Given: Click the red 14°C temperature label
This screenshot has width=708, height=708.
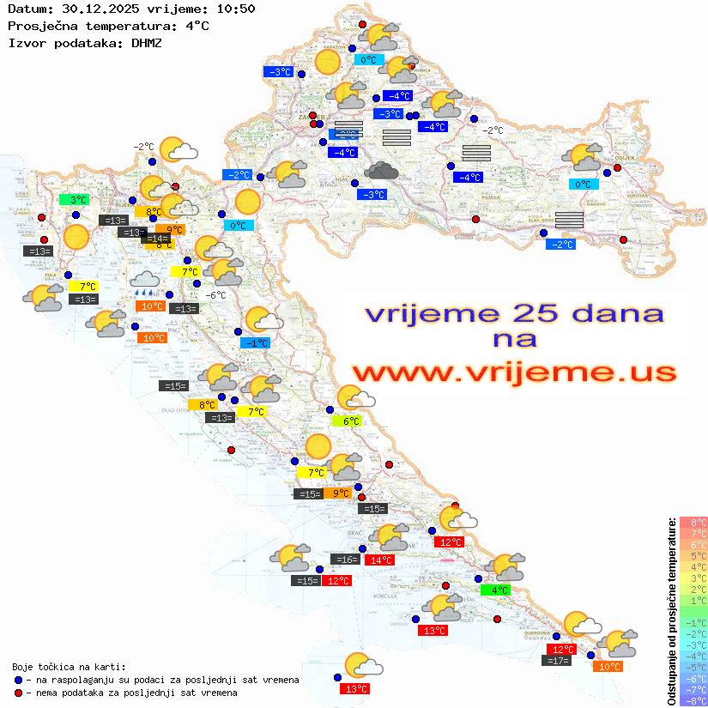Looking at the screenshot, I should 378,560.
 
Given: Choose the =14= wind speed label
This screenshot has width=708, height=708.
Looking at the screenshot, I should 158,239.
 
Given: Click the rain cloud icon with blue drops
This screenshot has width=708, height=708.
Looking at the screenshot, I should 144,282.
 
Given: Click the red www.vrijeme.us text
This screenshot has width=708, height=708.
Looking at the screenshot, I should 514,372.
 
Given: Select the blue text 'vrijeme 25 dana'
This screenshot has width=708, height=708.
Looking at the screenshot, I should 514,312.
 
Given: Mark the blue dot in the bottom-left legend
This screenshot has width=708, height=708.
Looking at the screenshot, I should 18,680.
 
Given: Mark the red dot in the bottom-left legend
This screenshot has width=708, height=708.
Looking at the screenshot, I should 18,693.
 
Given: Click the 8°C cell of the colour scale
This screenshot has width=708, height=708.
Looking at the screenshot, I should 693,522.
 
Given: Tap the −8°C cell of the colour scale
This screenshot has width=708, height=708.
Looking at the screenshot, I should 693,700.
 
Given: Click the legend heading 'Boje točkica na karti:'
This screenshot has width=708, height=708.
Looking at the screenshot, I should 69,667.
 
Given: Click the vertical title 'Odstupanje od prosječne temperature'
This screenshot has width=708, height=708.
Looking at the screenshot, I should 670,611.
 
